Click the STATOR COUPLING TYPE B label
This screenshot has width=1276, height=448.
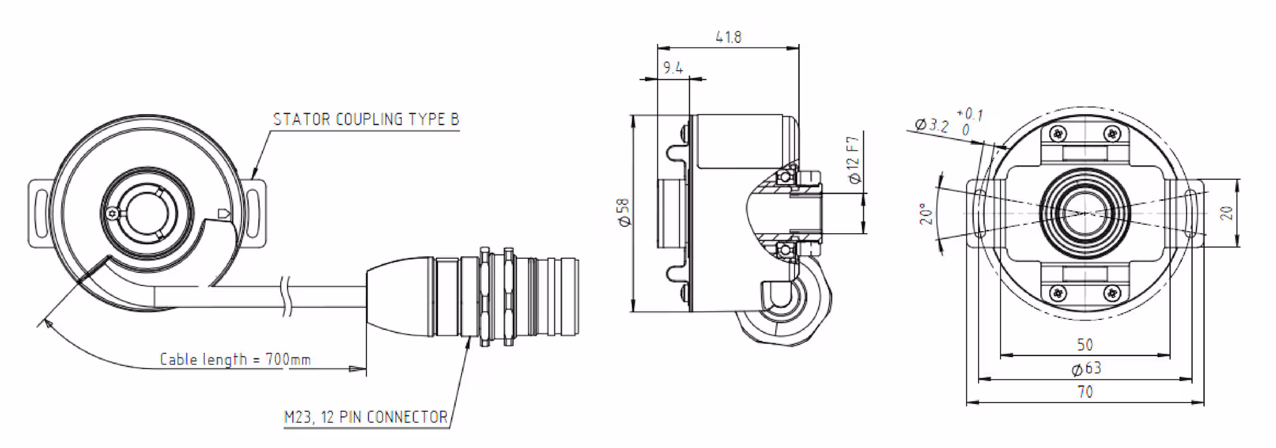click(366, 120)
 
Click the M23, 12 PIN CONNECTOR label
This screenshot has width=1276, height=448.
click(366, 417)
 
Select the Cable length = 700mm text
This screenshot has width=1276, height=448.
click(235, 360)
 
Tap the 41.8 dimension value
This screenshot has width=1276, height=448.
click(728, 37)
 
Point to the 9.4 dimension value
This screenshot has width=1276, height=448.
click(673, 68)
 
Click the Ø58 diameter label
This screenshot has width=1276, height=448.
click(623, 213)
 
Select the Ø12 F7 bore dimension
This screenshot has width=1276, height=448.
click(854, 160)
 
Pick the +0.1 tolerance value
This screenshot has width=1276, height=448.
click(970, 114)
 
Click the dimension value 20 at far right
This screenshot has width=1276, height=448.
click(1227, 213)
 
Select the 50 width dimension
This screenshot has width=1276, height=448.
click(1085, 345)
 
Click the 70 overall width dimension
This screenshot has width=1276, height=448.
click(1085, 392)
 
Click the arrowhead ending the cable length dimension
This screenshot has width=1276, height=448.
click(359, 368)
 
